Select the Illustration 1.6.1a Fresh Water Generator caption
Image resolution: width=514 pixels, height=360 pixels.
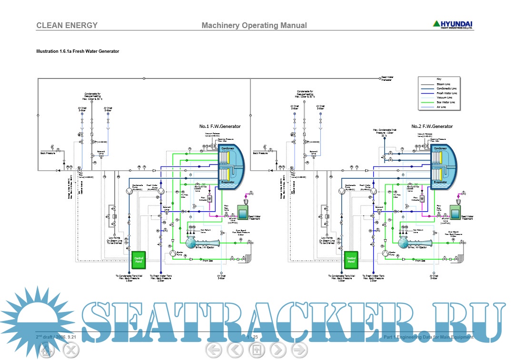pos(78,51)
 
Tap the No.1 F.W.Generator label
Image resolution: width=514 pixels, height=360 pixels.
pos(220,126)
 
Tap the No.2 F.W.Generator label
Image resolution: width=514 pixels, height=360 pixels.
pos(432,126)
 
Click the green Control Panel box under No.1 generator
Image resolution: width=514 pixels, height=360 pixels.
pos(138,260)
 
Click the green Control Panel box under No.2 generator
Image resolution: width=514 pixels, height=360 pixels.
pos(351,260)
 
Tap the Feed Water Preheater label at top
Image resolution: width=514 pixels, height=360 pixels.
pos(386,78)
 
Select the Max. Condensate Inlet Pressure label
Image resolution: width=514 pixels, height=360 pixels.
pos(385,131)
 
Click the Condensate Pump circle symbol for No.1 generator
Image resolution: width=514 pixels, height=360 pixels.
pos(128,191)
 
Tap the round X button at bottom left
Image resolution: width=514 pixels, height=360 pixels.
pos(71,351)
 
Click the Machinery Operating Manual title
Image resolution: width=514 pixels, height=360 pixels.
pos(254,26)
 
